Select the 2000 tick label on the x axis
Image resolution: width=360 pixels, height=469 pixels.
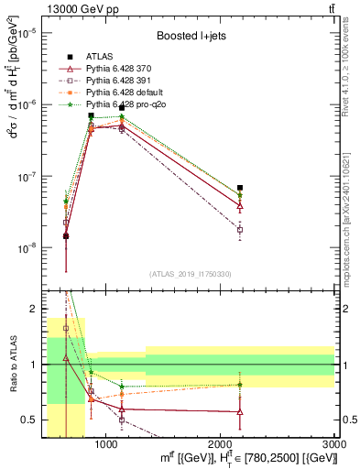pyautogui.click(x=221, y=444)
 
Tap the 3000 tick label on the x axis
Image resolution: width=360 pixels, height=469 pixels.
pyautogui.click(x=334, y=444)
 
